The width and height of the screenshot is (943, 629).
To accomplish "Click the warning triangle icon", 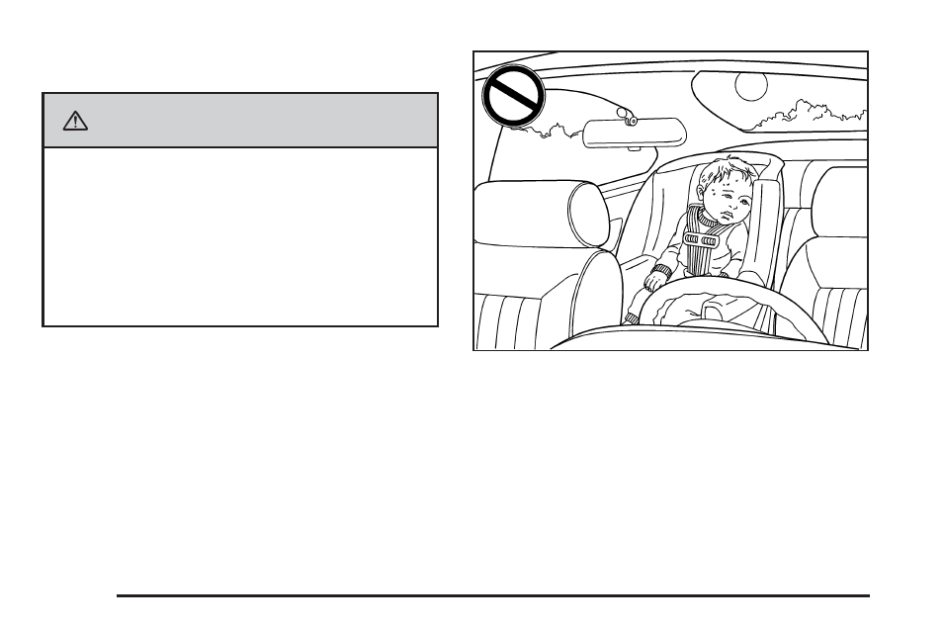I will tap(73, 121).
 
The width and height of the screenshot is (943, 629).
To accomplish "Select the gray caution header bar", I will tap(240, 121).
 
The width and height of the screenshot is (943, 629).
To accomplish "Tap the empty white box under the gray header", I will tap(240, 236).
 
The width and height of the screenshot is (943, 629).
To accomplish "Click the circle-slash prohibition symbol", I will tap(512, 97).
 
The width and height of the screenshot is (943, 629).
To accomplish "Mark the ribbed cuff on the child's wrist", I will tap(660, 269).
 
